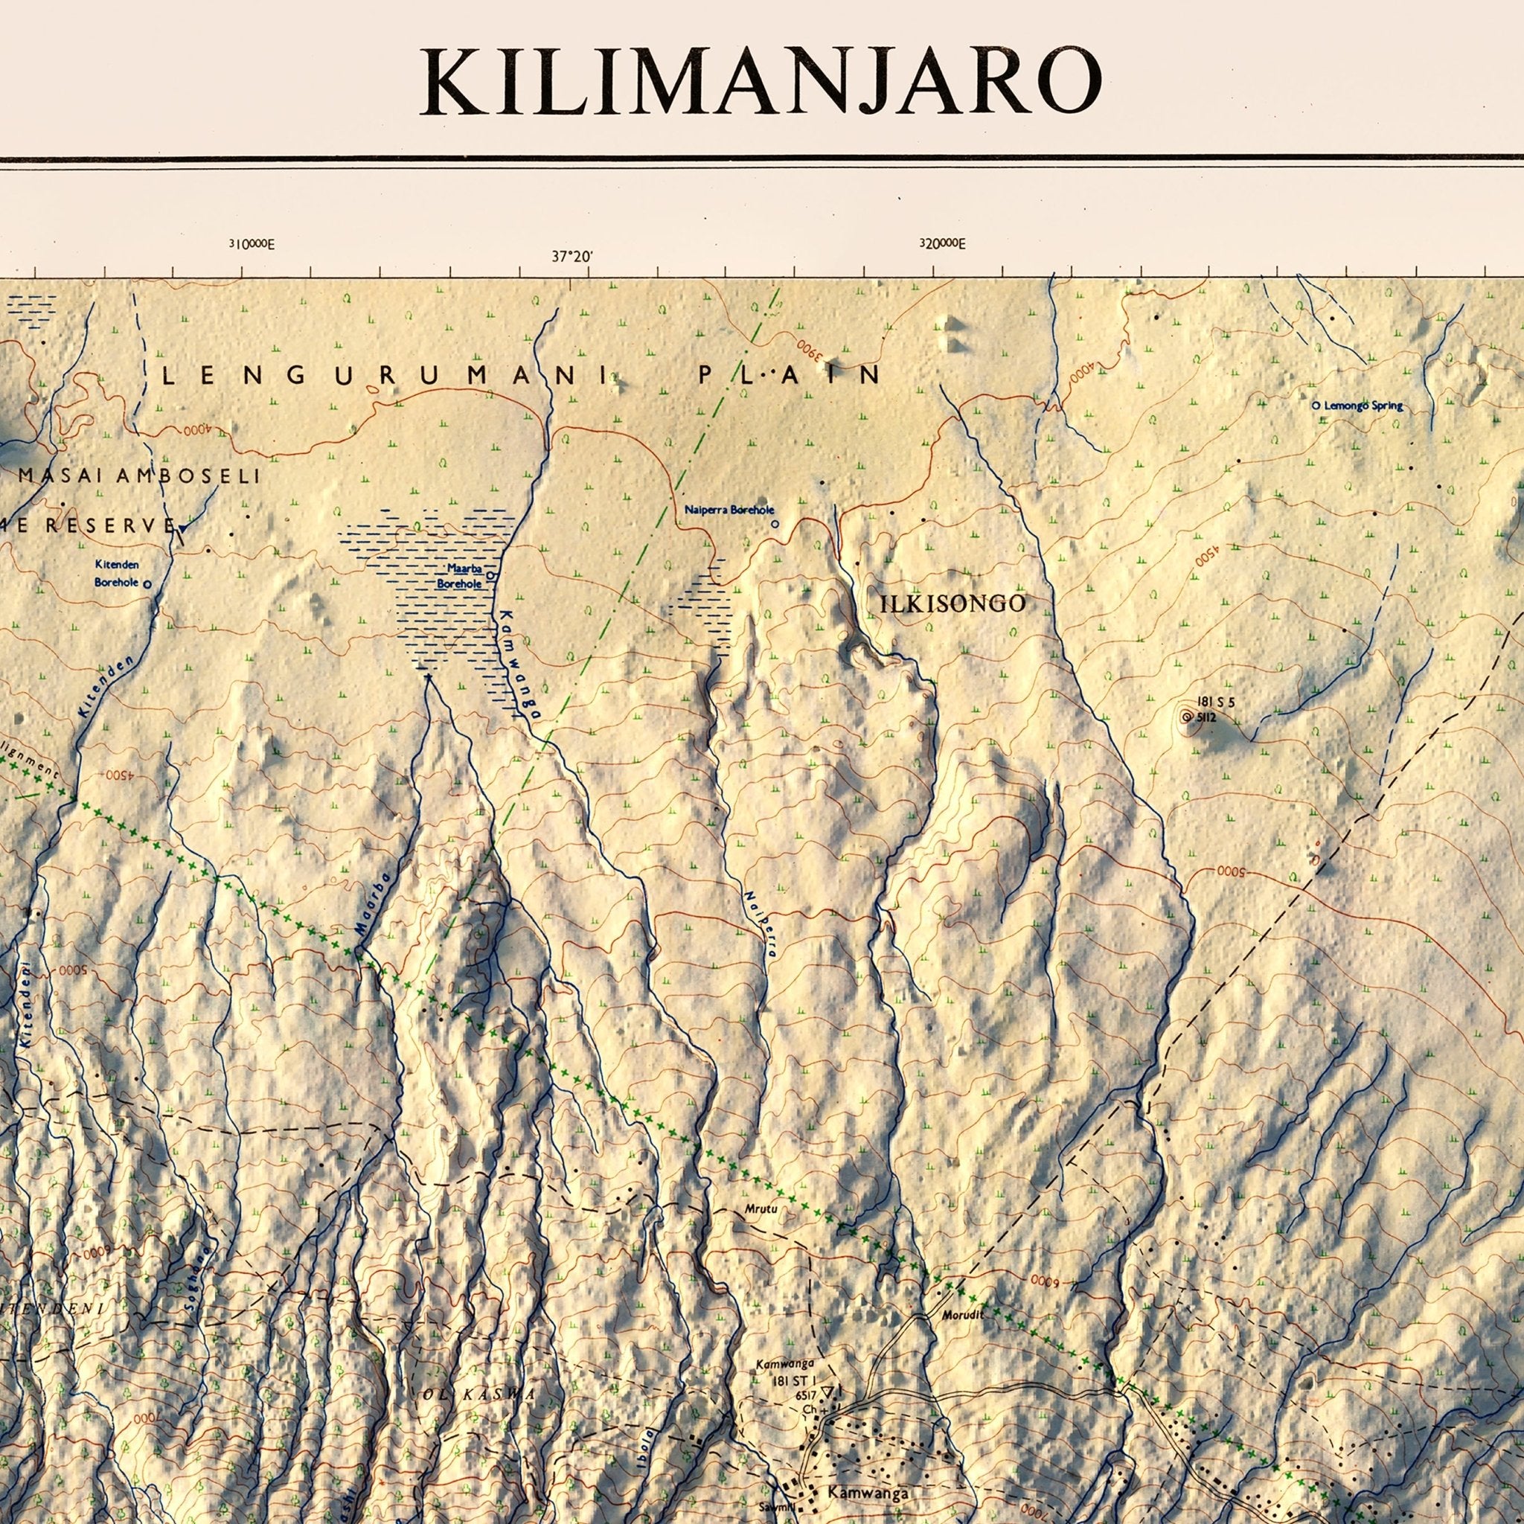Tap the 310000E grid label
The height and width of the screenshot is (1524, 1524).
(x=252, y=244)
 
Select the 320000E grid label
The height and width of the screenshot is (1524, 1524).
(x=942, y=244)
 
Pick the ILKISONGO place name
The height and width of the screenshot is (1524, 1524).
(x=953, y=604)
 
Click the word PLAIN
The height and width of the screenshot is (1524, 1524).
(x=789, y=376)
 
